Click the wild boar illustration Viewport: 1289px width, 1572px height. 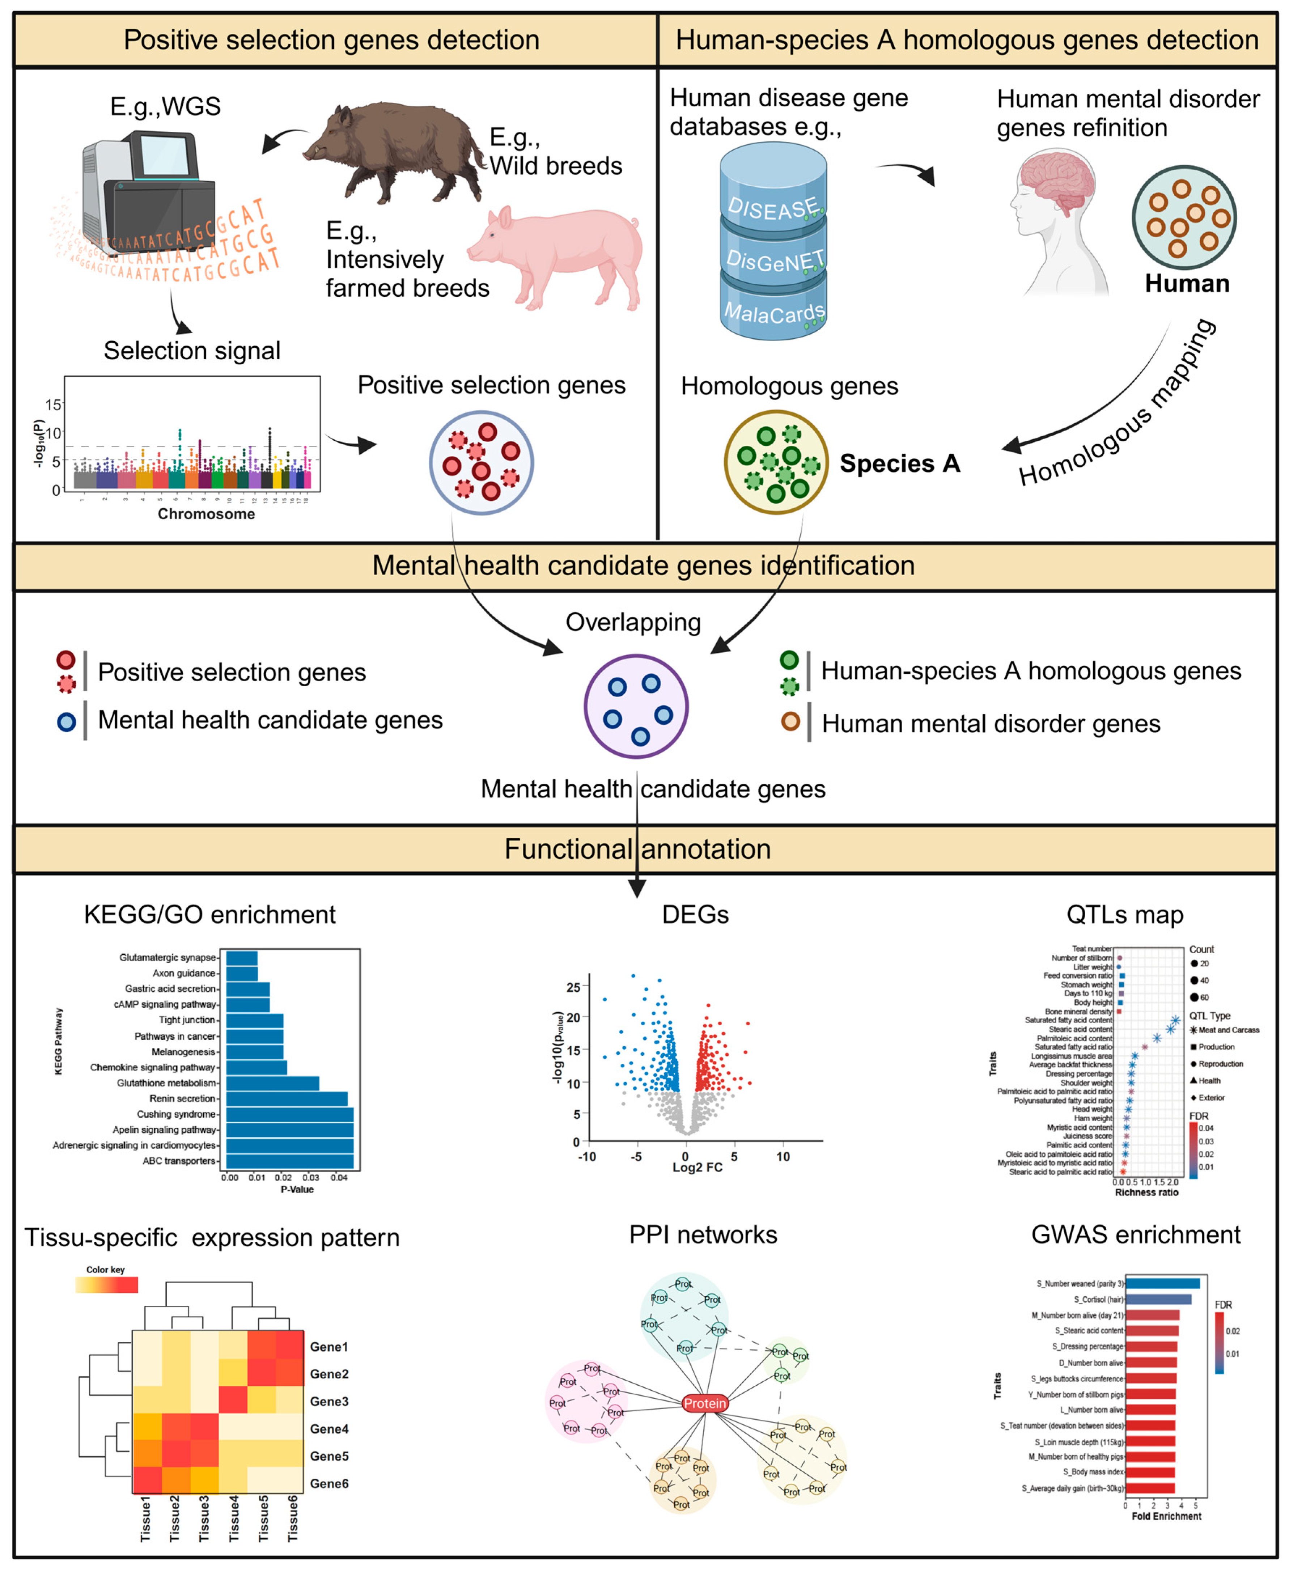pyautogui.click(x=394, y=152)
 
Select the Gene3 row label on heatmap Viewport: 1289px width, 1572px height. pyautogui.click(x=329, y=1401)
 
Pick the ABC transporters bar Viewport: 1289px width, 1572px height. pyautogui.click(x=289, y=1161)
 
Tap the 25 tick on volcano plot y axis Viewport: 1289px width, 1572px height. pyautogui.click(x=573, y=988)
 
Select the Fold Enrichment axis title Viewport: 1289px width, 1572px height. pyautogui.click(x=1166, y=1516)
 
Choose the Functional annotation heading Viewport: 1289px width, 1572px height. pyautogui.click(x=637, y=849)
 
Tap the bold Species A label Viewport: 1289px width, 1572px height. pyautogui.click(x=899, y=463)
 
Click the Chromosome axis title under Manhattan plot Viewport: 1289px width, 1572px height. pyautogui.click(x=206, y=514)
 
